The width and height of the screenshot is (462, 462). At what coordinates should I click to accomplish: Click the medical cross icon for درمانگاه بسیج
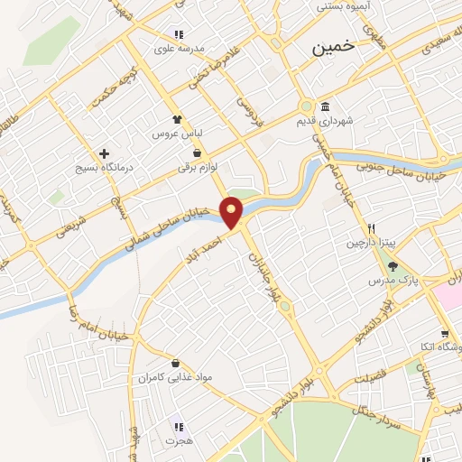[106, 154]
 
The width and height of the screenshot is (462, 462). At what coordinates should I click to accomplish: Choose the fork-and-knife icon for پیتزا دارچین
[370, 227]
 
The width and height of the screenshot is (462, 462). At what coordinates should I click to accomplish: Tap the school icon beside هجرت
[178, 426]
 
